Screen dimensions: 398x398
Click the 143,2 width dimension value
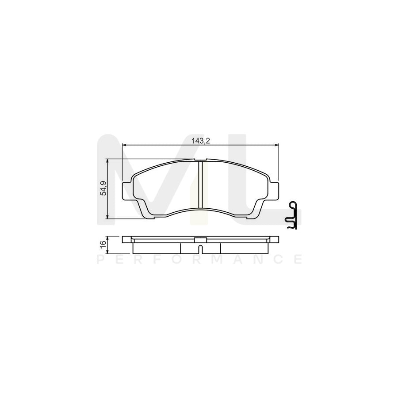coord(200,141)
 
